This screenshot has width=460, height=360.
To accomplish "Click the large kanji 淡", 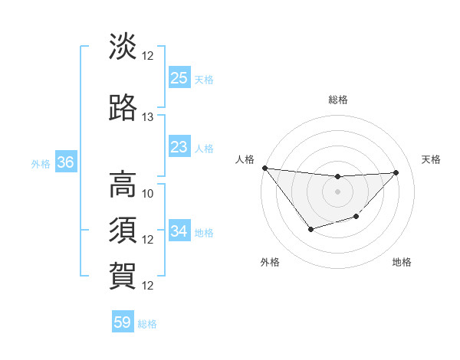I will [x=123, y=47].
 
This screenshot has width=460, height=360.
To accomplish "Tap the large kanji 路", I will [x=123, y=108].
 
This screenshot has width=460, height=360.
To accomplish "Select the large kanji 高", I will [x=123, y=184].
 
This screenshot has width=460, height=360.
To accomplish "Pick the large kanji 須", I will [x=123, y=230].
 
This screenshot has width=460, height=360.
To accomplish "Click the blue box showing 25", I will [x=179, y=78].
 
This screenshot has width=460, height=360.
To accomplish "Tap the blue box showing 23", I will [x=179, y=146].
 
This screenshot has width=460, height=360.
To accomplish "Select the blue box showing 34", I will [x=179, y=231].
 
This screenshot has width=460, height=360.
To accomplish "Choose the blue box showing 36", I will [x=66, y=162].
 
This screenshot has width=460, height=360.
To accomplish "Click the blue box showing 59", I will [x=123, y=322].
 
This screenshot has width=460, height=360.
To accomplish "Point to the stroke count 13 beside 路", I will [x=148, y=117].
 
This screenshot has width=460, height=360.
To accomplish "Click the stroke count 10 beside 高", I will [x=148, y=193].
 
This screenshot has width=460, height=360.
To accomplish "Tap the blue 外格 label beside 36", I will [x=41, y=163].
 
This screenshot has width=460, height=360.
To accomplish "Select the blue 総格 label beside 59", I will [x=148, y=323].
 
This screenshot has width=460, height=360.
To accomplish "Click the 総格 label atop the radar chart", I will [x=338, y=100].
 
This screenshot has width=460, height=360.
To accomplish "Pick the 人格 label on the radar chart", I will [x=245, y=159].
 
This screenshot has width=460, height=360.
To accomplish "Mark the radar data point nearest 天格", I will [x=396, y=172].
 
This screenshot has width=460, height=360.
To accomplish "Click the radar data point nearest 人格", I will [x=264, y=168].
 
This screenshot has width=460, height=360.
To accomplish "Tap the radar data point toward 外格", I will [x=310, y=229].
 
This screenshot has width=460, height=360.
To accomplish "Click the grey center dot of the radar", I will [x=337, y=191].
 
